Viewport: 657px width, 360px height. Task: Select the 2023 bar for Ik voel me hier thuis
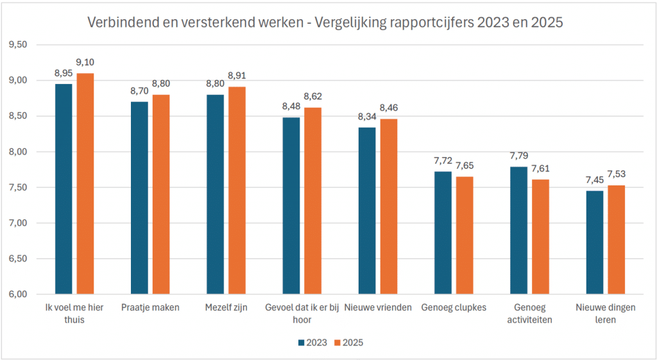click(64, 189)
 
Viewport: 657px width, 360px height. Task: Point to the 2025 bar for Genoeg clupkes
click(464, 236)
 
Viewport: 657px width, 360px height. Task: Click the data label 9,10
click(85, 62)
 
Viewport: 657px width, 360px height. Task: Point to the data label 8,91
click(237, 76)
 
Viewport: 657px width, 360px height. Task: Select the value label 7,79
click(518, 156)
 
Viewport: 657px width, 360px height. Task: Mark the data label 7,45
click(594, 180)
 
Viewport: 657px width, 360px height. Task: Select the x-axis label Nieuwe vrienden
click(378, 308)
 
